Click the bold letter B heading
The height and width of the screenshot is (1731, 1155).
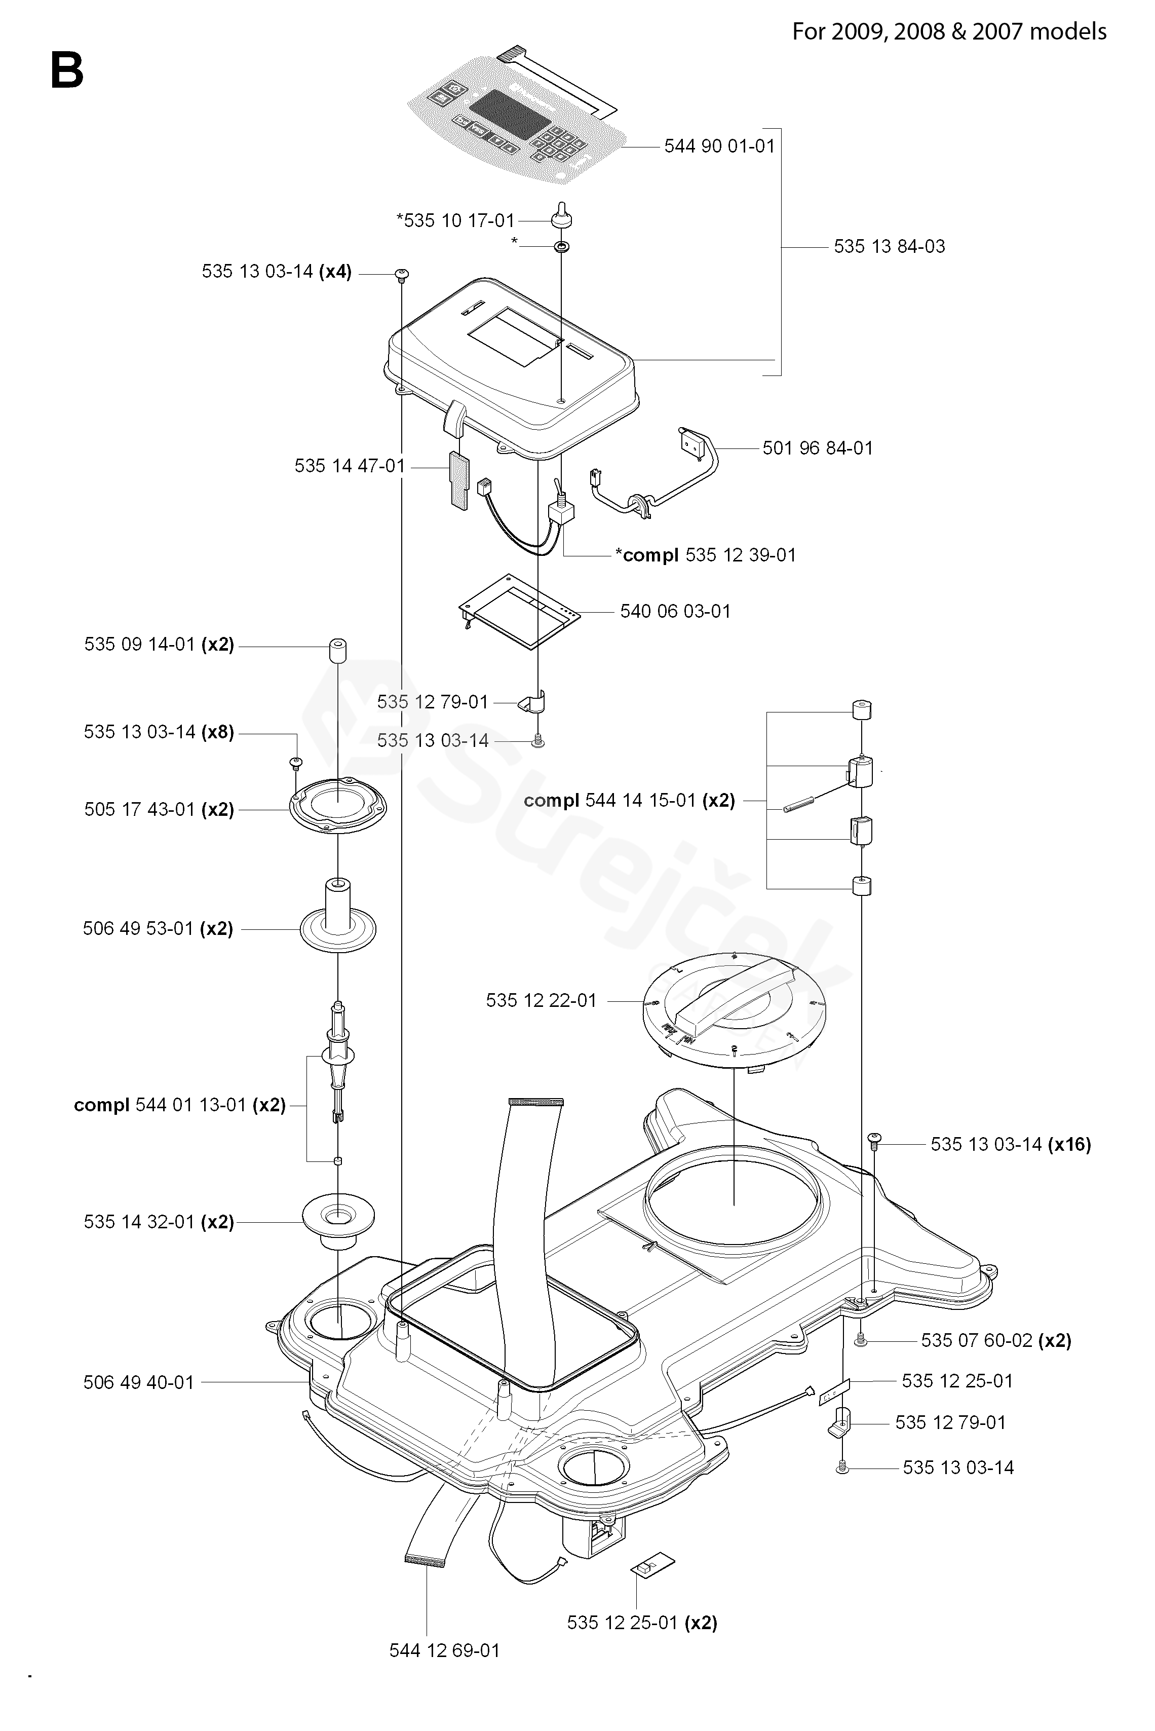pos(67,71)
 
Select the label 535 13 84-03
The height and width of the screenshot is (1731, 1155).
pos(889,246)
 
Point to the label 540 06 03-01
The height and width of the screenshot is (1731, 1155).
pos(675,611)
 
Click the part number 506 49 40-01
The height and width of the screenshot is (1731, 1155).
pos(138,1382)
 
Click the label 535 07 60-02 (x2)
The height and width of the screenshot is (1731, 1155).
pos(995,1340)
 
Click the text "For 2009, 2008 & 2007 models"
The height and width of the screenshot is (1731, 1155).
pos(949,32)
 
